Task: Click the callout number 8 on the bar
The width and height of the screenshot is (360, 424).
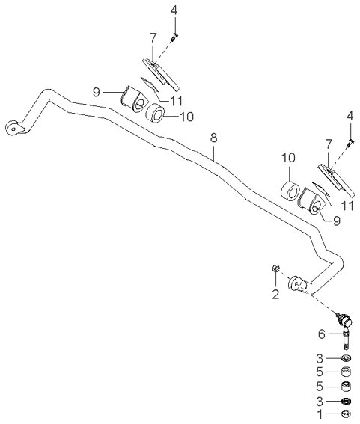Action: coord(213,138)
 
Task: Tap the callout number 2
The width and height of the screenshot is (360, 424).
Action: coord(275,294)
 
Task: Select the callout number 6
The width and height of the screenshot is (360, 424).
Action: coord(321,334)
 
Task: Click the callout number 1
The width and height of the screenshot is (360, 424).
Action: coord(320,414)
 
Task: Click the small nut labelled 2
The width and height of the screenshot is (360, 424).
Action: coord(275,268)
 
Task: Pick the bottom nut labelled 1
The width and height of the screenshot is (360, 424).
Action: coord(347,414)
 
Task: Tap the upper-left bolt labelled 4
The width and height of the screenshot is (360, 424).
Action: coord(174,37)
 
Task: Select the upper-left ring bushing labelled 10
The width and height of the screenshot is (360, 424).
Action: coord(156,114)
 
